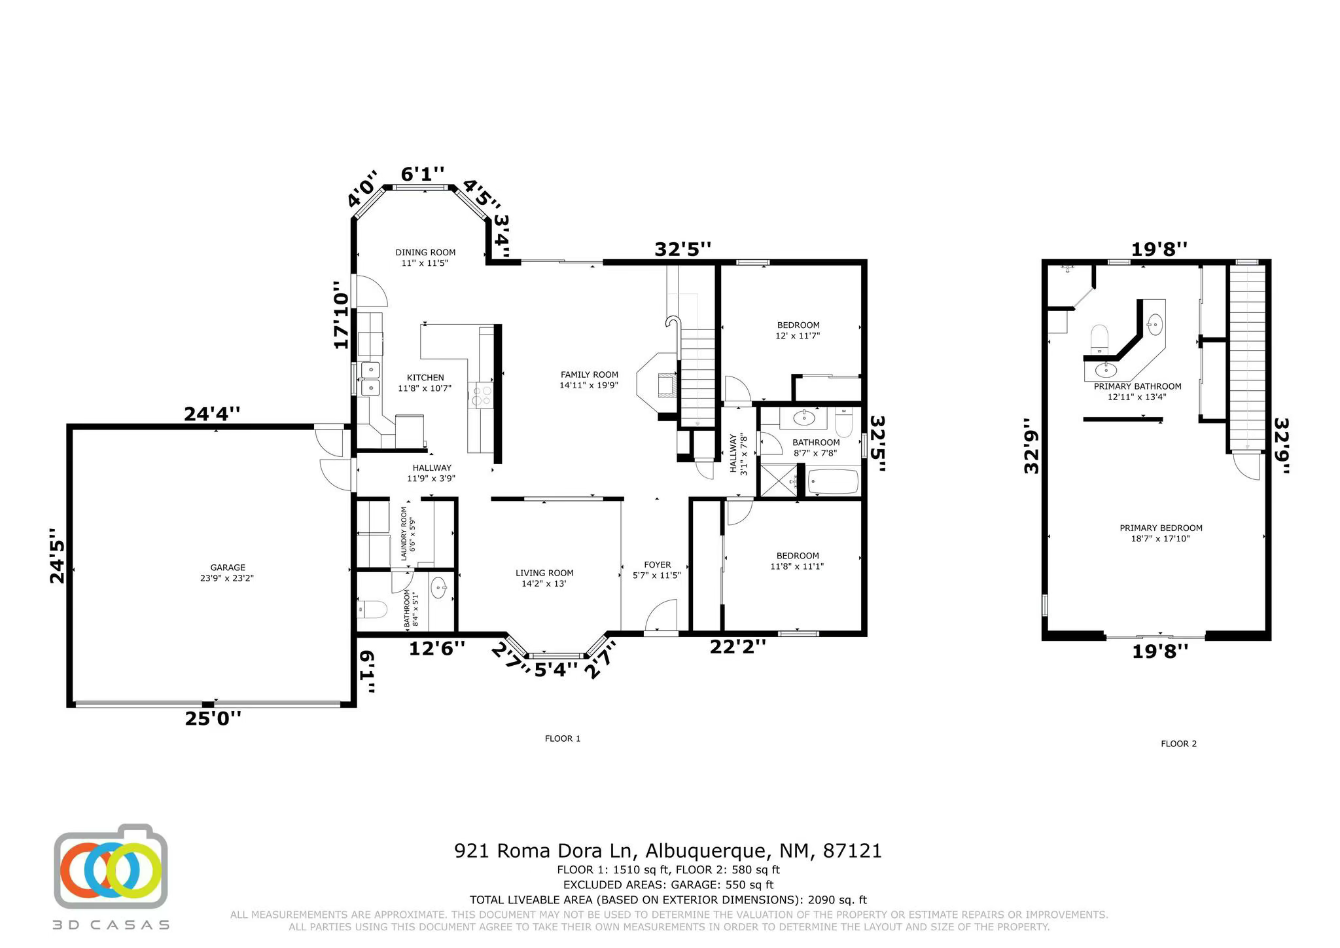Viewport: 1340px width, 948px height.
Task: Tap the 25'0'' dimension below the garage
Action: [x=213, y=718]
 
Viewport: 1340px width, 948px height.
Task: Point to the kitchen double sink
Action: [x=370, y=379]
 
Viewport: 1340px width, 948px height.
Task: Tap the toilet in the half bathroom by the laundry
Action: [x=372, y=610]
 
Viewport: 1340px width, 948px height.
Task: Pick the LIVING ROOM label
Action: [x=544, y=573]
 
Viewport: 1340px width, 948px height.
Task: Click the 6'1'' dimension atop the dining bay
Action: [x=422, y=174]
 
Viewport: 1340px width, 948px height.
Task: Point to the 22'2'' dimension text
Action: [x=737, y=647]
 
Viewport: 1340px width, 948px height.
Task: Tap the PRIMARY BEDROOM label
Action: [x=1161, y=528]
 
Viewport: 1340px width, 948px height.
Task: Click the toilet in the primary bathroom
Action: [x=1099, y=338]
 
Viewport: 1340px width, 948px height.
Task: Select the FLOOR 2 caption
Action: [x=1178, y=744]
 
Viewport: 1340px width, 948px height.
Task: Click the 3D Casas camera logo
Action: [x=111, y=867]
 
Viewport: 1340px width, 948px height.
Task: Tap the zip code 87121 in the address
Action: [x=852, y=851]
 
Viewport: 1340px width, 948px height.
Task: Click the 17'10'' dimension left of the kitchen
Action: [x=341, y=315]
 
